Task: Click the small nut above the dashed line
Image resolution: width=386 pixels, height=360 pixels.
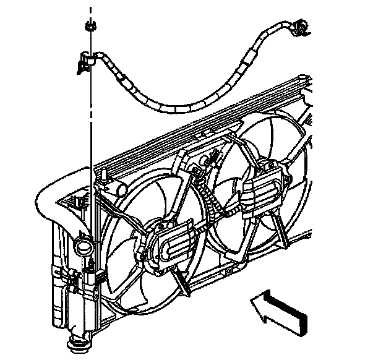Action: click(x=89, y=26)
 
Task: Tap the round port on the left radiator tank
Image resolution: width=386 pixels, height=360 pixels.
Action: click(x=82, y=248)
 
